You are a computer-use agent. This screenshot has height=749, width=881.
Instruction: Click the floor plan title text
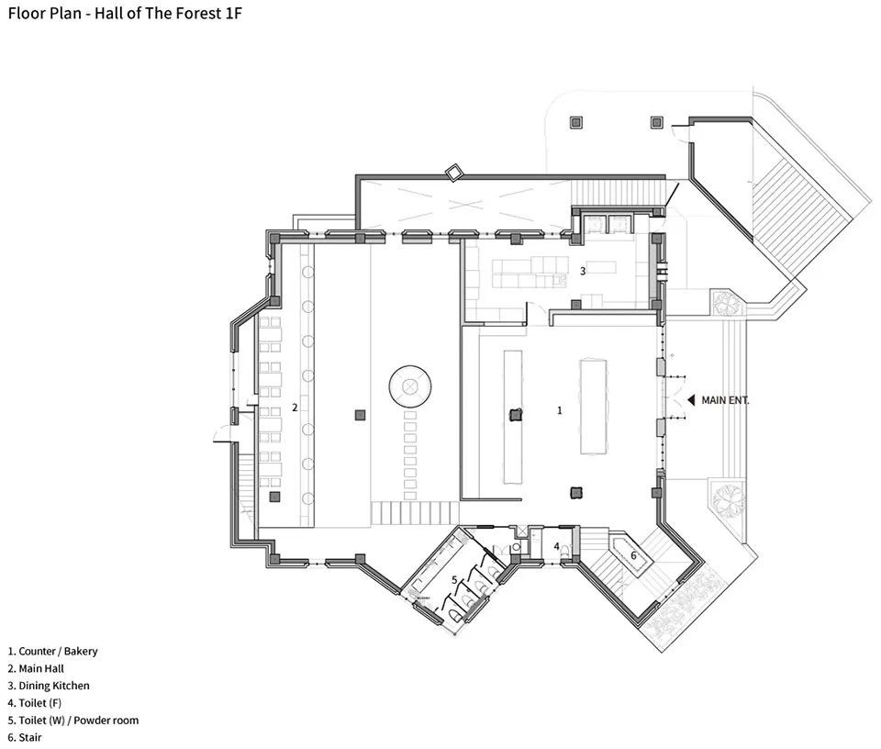(125, 14)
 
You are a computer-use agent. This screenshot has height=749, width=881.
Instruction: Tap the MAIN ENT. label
(725, 400)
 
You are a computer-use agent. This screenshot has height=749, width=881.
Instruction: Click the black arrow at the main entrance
(692, 400)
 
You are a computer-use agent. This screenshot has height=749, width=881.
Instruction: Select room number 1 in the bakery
(559, 410)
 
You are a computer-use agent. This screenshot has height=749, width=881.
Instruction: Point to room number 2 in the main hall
(295, 408)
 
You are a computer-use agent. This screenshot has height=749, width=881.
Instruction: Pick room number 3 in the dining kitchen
(583, 271)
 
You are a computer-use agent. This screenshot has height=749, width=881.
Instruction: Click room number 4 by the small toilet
(557, 546)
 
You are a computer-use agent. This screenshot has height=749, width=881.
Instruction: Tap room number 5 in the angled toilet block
(454, 579)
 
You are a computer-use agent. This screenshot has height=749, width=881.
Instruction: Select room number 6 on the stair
(633, 555)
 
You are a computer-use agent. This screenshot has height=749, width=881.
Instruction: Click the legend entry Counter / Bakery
(52, 652)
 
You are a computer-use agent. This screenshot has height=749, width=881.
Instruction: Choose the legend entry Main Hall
(36, 668)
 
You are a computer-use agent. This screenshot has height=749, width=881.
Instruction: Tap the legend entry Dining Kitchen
(49, 686)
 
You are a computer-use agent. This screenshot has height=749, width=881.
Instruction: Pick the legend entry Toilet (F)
(34, 703)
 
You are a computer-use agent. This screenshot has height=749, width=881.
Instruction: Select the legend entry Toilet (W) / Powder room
(73, 721)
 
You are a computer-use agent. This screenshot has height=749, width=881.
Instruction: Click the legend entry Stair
(25, 737)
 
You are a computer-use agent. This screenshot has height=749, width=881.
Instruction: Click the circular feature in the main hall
(410, 386)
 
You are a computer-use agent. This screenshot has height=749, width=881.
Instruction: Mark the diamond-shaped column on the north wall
(453, 172)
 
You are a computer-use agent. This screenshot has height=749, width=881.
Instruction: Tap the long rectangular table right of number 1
(594, 407)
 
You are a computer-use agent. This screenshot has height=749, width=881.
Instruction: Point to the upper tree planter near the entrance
(727, 304)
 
